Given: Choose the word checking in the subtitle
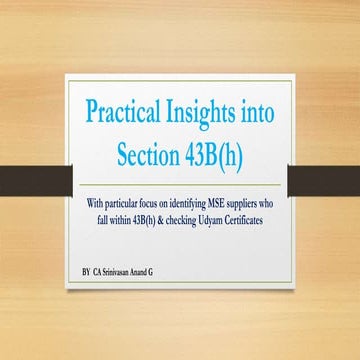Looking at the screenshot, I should tap(189, 219).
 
